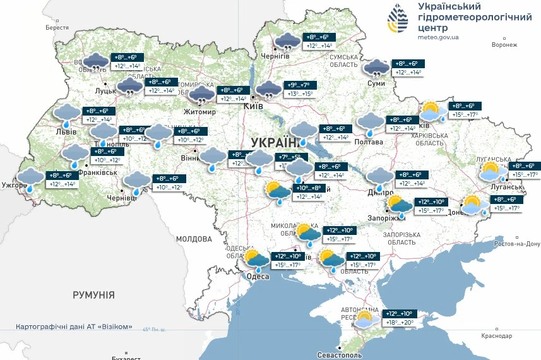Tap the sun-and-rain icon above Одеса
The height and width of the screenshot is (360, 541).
[x=257, y=260]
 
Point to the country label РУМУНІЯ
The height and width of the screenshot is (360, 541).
[x=93, y=295]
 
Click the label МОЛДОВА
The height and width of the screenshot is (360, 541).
[x=194, y=239]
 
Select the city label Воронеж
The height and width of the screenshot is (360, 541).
[x=504, y=45]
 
